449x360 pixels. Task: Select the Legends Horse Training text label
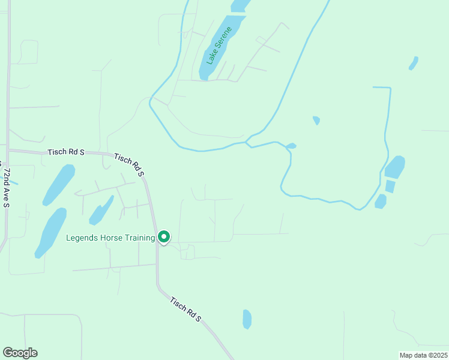pyautogui.click(x=110, y=238)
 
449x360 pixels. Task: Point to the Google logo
pyautogui.click(x=20, y=353)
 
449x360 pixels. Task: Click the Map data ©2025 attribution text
pyautogui.click(x=423, y=355)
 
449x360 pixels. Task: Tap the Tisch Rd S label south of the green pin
pyautogui.click(x=185, y=310)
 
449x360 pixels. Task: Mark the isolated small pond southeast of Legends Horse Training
pyautogui.click(x=247, y=319)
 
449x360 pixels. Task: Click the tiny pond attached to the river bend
pyautogui.click(x=291, y=146)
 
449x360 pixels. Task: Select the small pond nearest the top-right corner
pyautogui.click(x=413, y=63)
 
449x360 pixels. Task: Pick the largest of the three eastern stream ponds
pyautogui.click(x=394, y=167)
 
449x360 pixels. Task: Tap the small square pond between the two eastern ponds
pyautogui.click(x=390, y=187)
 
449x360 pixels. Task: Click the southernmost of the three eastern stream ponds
pyautogui.click(x=381, y=201)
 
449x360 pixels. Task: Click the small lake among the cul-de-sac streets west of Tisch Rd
pyautogui.click(x=101, y=211)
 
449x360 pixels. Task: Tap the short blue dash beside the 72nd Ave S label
pyautogui.click(x=13, y=182)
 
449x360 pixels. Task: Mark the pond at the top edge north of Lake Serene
pyautogui.click(x=240, y=5)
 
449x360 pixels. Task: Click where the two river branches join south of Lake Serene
pyautogui.click(x=246, y=143)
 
